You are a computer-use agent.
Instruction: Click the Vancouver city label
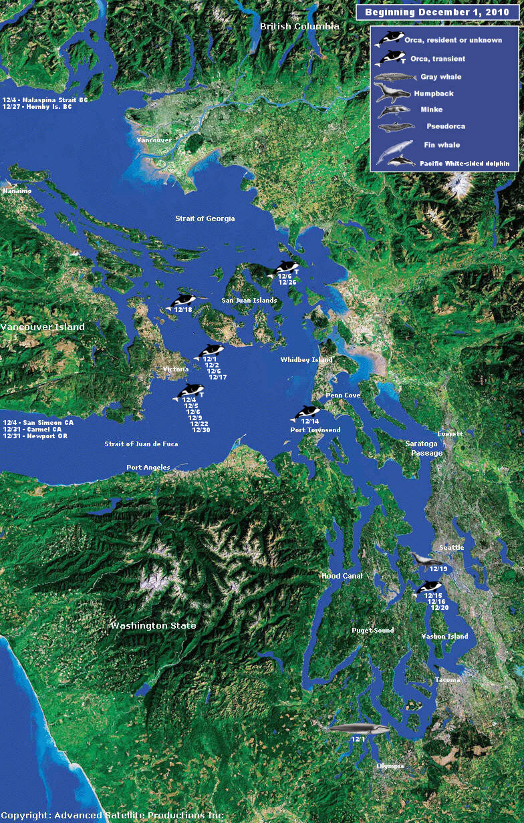coord(154,140)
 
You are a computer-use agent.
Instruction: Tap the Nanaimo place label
coord(17,191)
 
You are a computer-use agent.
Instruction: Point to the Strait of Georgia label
coord(205,218)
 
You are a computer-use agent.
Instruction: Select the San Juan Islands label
coord(249,301)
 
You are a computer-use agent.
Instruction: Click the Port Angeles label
coord(148,468)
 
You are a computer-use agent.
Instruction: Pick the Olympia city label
coord(390,766)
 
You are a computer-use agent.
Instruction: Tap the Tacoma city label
coord(447,679)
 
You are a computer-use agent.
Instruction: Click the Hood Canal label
coord(342,576)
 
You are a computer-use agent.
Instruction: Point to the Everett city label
coord(449,434)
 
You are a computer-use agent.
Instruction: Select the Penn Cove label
coord(343,395)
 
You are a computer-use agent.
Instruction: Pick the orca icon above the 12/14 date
coord(307,413)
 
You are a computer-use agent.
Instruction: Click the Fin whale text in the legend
coord(441,144)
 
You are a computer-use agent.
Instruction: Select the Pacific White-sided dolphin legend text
coord(464,163)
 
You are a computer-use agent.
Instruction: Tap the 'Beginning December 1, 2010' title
coord(437,12)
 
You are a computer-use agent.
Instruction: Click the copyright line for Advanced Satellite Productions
coord(112,816)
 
